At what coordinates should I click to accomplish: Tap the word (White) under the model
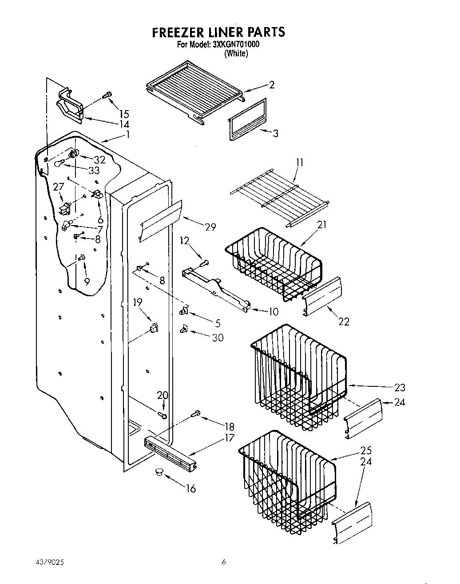click(236, 53)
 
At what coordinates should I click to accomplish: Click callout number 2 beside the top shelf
click(272, 85)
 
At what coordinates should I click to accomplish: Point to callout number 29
click(210, 226)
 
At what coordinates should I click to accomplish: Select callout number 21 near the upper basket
click(321, 225)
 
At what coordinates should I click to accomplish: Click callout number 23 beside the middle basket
click(400, 387)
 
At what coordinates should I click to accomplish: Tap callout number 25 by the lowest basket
click(366, 450)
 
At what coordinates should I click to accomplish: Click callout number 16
click(190, 489)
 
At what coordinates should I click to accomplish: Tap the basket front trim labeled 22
click(322, 297)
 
